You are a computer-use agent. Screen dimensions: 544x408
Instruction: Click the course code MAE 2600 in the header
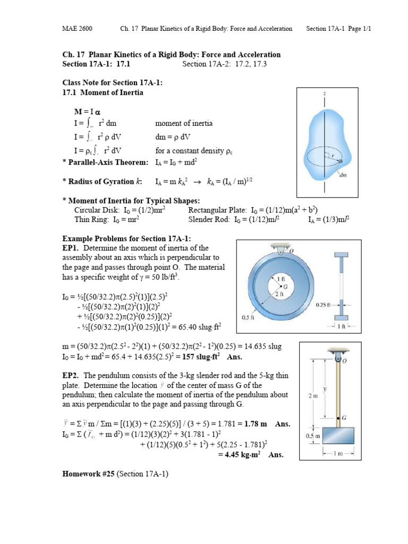75,29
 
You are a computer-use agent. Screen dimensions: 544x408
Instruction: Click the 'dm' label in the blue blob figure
344,175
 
